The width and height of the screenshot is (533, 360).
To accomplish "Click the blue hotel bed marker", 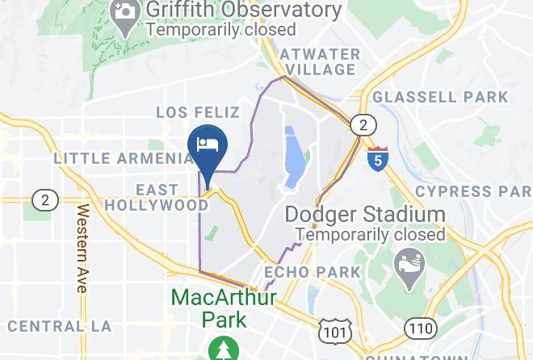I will (x=208, y=146).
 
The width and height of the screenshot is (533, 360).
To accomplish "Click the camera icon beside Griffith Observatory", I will (x=124, y=12).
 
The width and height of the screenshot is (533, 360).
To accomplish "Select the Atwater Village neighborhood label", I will (x=319, y=61).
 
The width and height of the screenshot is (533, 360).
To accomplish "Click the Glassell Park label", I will (x=440, y=97).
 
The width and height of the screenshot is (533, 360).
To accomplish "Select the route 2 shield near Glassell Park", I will (x=364, y=124).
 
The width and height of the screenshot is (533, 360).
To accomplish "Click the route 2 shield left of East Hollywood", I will (x=44, y=199).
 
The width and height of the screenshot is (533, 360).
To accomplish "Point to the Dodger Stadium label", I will (x=364, y=216).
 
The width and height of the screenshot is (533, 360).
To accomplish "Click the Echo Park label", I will (x=312, y=272).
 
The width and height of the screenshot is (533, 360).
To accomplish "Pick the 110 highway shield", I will (x=422, y=328).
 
